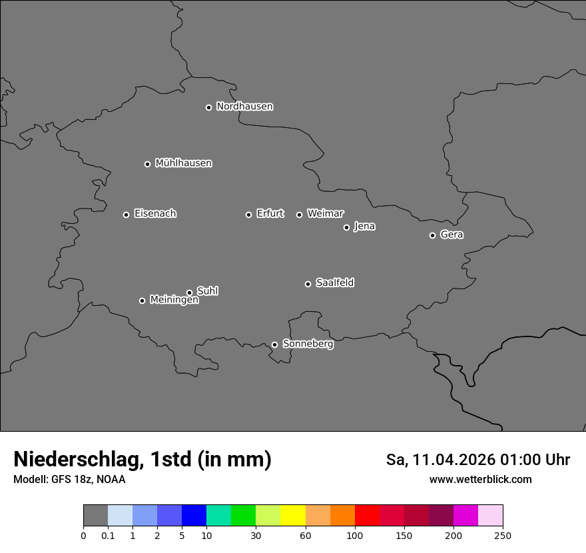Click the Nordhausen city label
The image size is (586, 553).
[244, 107]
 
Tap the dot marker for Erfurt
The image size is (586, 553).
[248, 215]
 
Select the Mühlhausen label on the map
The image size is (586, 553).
[183, 163]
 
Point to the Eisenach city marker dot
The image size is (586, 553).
[126, 215]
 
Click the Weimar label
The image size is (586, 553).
[325, 214]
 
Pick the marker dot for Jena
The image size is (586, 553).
[346, 227]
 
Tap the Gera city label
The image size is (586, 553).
[451, 235]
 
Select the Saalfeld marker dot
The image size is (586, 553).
[308, 284]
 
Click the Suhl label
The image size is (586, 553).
[207, 291]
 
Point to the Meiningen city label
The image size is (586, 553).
[174, 300]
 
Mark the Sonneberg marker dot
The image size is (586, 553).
[274, 344]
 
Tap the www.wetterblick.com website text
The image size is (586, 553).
[480, 480]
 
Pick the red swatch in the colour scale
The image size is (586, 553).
[367, 516]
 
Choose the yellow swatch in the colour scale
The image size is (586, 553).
[293, 516]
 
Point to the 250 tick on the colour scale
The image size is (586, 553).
[503, 536]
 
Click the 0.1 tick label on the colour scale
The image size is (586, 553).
[108, 536]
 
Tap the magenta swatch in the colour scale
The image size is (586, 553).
[465, 516]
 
